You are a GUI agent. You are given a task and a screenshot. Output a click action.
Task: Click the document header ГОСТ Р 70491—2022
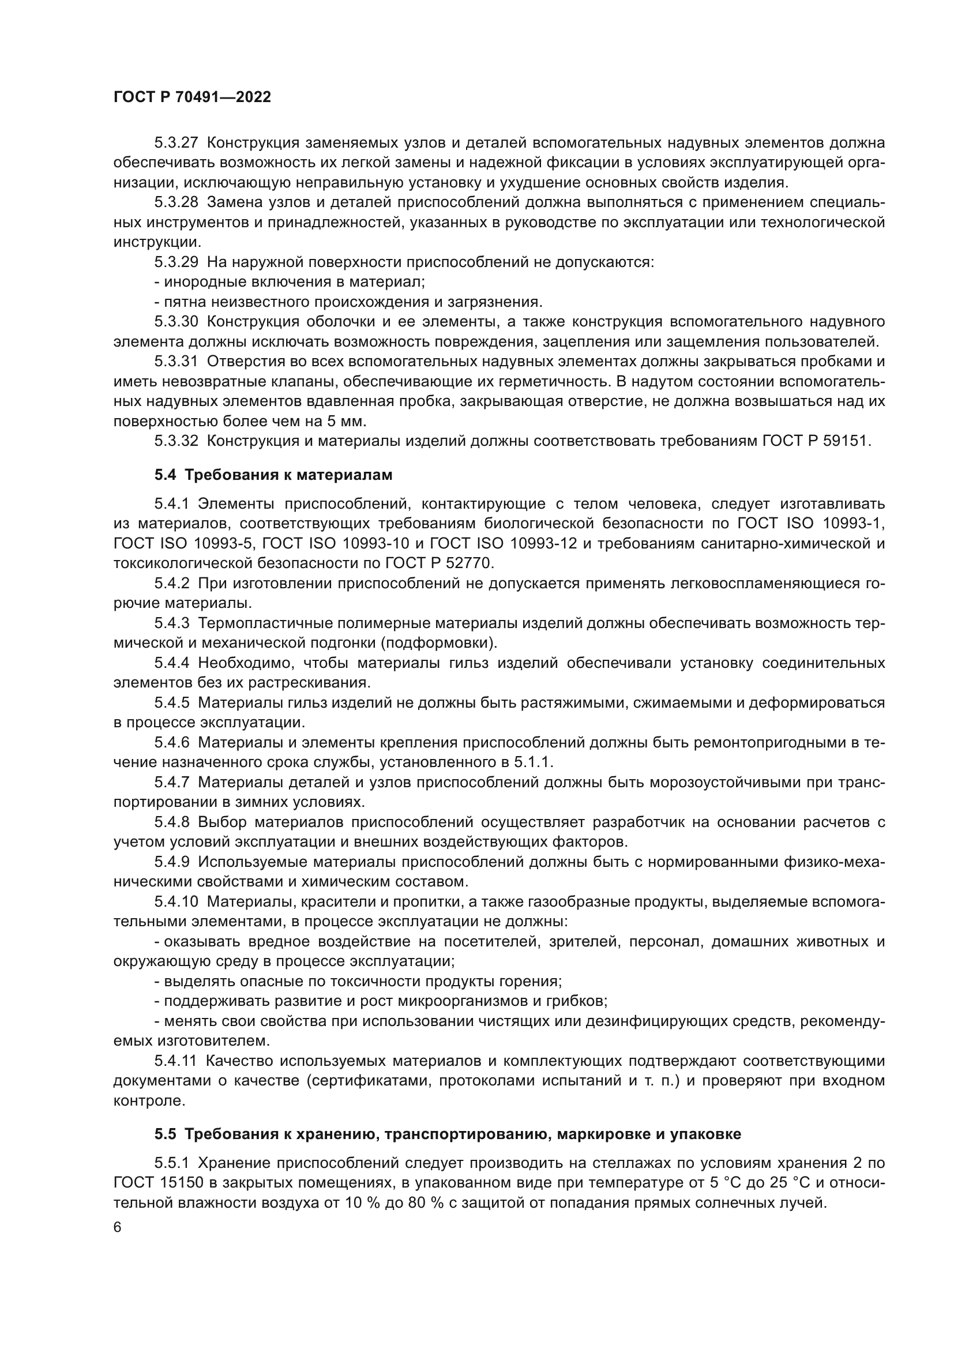pyautogui.click(x=192, y=97)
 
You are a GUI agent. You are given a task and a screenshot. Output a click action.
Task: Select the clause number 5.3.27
pyautogui.click(x=176, y=143)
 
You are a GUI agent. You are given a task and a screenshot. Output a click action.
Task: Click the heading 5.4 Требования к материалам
pyautogui.click(x=273, y=475)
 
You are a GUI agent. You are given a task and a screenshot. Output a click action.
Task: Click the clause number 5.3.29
pyautogui.click(x=176, y=262)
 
